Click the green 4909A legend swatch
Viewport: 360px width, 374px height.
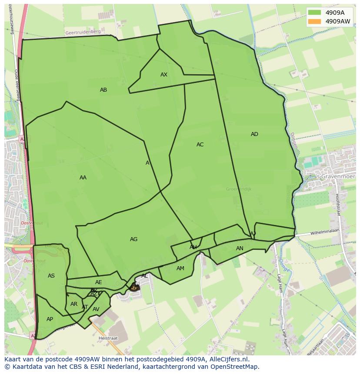[314, 13]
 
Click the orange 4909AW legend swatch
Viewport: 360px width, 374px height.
[314, 21]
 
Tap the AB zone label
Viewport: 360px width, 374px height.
[103, 90]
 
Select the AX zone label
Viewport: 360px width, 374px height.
[164, 75]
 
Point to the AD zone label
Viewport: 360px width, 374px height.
[254, 134]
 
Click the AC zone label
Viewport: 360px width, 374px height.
[200, 145]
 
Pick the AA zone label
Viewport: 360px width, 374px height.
[83, 178]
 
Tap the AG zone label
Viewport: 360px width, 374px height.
[133, 239]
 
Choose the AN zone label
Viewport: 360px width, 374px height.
[240, 248]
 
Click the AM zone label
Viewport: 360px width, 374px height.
[180, 268]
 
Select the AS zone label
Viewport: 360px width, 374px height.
[51, 276]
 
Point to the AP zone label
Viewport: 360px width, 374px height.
[50, 319]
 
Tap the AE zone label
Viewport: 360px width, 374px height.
[99, 282]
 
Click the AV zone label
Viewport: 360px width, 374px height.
[96, 309]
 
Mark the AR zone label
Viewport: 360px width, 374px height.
[74, 304]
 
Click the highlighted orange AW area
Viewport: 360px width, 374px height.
[134, 288]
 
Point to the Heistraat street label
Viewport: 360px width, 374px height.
[108, 338]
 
